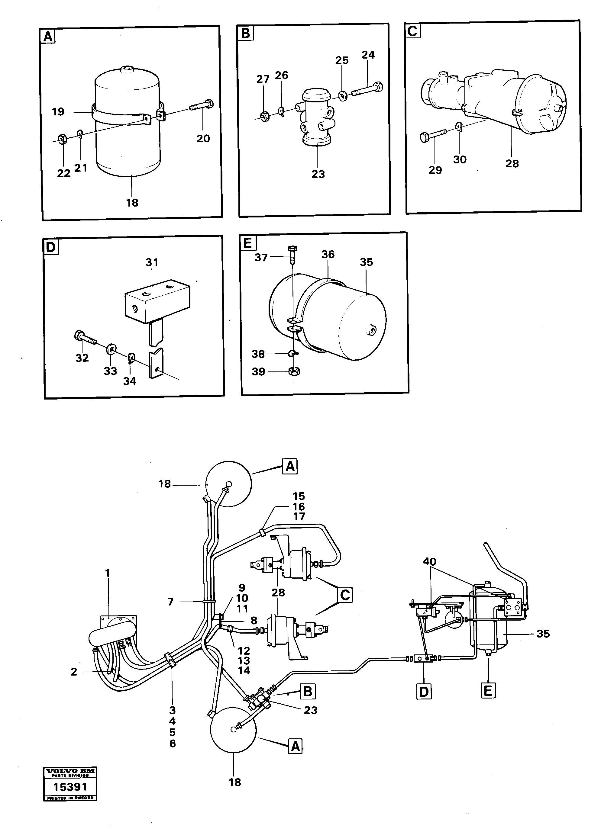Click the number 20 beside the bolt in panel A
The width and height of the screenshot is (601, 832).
pos(203,138)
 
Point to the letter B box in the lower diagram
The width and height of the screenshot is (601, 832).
pos(308,692)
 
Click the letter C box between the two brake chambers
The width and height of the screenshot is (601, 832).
pos(345,595)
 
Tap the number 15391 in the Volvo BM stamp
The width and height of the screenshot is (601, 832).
pos(70,787)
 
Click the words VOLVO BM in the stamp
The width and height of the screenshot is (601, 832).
pos(70,771)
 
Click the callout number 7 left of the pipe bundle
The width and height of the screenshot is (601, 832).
pos(171,602)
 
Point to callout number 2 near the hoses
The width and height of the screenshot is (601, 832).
pos(74,672)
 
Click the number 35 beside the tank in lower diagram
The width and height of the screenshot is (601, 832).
pos(543,634)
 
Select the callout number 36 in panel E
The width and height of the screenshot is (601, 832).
pos(328,254)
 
